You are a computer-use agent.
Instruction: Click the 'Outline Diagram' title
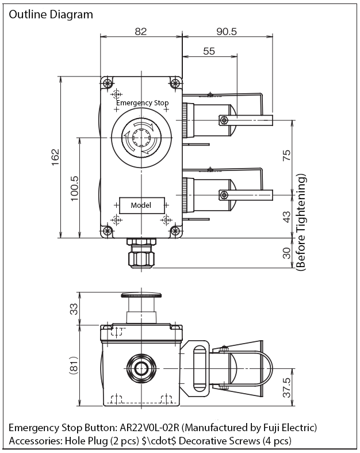tap(51, 14)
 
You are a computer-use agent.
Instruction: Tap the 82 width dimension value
tap(140, 31)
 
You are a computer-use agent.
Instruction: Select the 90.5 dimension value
tap(227, 31)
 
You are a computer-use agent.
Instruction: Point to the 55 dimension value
tap(209, 51)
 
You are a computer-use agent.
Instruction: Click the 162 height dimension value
tap(55, 157)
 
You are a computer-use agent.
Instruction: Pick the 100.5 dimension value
tap(74, 188)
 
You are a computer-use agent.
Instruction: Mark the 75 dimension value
tap(286, 155)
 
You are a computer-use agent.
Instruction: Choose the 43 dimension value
tap(286, 216)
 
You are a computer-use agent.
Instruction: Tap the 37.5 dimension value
tap(286, 387)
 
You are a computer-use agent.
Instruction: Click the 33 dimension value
tap(74, 309)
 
